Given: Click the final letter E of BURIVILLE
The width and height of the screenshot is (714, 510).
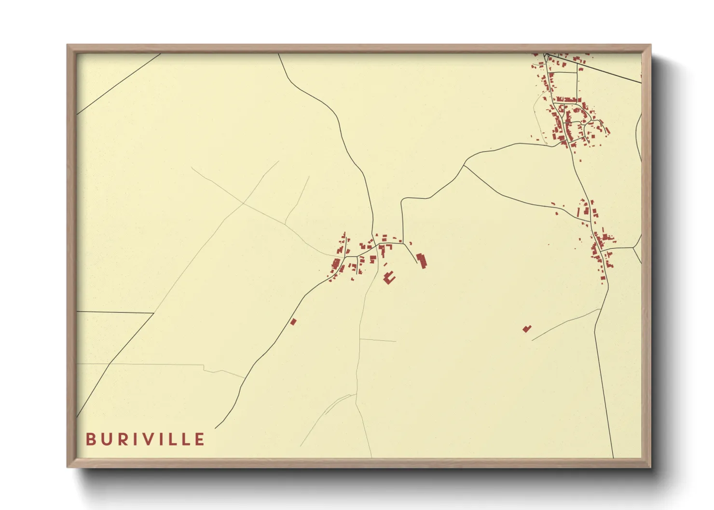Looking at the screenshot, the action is click(x=200, y=439).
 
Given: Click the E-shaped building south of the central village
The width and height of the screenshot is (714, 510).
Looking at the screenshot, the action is click(x=389, y=277).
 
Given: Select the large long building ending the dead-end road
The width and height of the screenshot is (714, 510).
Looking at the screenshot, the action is click(x=422, y=261).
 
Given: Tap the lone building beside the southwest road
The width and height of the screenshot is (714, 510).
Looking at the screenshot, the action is click(x=293, y=322).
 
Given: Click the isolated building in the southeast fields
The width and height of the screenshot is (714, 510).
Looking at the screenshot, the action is click(x=527, y=329).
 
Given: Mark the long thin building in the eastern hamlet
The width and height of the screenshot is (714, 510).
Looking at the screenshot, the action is click(x=578, y=212).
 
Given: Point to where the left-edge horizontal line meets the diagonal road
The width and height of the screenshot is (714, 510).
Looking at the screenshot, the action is click(x=153, y=313).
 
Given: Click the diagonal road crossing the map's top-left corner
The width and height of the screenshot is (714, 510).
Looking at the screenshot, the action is click(x=118, y=84).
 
